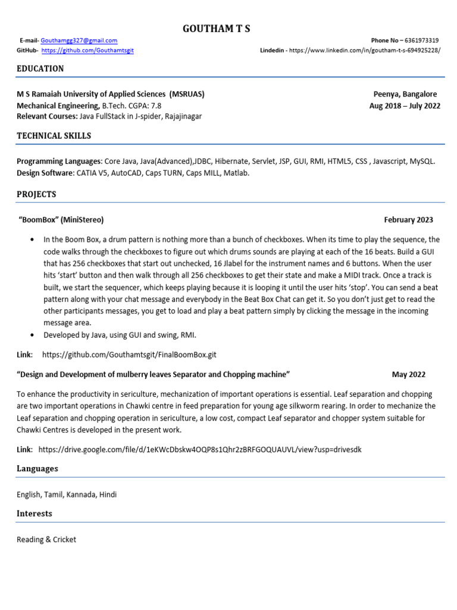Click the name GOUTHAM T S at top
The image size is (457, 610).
217,29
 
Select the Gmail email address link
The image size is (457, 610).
79,41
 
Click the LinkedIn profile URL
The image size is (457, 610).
365,51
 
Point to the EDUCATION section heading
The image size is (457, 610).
40,69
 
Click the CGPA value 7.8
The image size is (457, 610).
155,105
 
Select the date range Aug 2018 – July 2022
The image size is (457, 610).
405,105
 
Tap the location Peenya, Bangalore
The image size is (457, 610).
405,94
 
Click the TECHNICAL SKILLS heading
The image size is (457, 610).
54,136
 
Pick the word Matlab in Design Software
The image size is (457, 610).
236,173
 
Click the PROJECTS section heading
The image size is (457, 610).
36,194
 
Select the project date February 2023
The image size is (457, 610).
408,220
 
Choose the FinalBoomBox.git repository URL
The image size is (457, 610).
129,354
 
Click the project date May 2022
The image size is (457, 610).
408,375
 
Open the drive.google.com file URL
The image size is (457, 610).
200,449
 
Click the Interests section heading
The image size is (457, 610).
35,513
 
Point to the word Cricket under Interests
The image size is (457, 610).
64,540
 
